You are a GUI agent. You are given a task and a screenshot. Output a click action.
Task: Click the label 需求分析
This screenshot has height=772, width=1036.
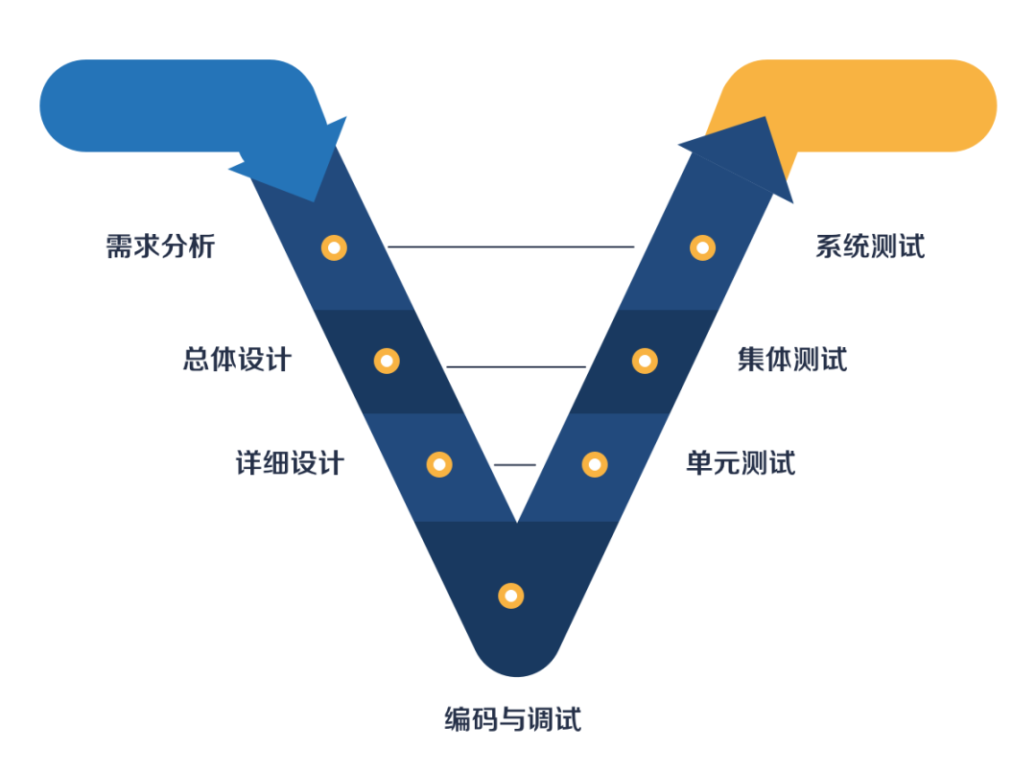(x=160, y=246)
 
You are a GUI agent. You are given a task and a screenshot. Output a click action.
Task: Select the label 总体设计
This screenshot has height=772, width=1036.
(x=237, y=361)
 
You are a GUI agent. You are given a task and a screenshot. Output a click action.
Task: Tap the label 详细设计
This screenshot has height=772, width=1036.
(x=290, y=464)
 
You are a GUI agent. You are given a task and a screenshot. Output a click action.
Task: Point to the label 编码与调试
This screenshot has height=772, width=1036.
(x=512, y=718)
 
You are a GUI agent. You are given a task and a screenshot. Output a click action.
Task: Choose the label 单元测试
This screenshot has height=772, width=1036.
(x=741, y=464)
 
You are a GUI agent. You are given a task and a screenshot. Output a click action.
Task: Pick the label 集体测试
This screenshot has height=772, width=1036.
(x=792, y=361)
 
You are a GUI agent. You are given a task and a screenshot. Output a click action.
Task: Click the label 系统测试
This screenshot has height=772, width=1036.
(x=870, y=246)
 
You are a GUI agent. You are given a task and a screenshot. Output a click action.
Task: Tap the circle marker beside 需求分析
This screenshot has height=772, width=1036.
(x=334, y=247)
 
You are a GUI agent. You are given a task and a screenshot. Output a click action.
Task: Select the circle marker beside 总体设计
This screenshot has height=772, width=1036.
(x=387, y=361)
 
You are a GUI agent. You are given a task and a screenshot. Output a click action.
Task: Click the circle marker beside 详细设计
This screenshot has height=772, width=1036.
(x=439, y=464)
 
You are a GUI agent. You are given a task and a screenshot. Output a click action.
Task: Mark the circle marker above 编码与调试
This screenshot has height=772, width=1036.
(x=511, y=596)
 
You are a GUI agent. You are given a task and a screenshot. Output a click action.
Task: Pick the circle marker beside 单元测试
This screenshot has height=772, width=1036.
(x=595, y=464)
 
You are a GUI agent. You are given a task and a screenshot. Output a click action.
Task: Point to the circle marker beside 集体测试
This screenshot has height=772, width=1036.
(x=645, y=361)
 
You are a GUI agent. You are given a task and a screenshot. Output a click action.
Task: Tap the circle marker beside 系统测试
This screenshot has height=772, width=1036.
(x=703, y=247)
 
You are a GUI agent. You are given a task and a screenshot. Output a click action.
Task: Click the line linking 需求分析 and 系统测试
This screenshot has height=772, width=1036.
(x=510, y=246)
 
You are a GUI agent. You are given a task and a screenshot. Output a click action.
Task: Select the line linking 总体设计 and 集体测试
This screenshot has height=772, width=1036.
(x=516, y=366)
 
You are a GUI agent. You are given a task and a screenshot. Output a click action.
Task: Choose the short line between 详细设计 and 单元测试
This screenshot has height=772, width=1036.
(x=515, y=465)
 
